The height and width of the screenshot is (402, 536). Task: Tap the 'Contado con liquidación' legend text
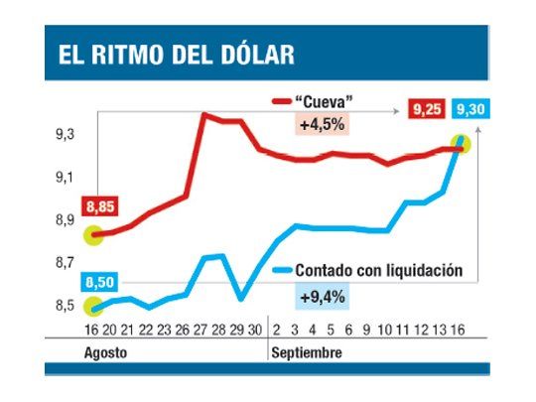tap(380, 271)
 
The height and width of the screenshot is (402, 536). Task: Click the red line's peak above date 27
tap(203, 114)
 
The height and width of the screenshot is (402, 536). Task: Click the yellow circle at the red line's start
tap(93, 235)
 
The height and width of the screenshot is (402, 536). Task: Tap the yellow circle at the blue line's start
tap(93, 307)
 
